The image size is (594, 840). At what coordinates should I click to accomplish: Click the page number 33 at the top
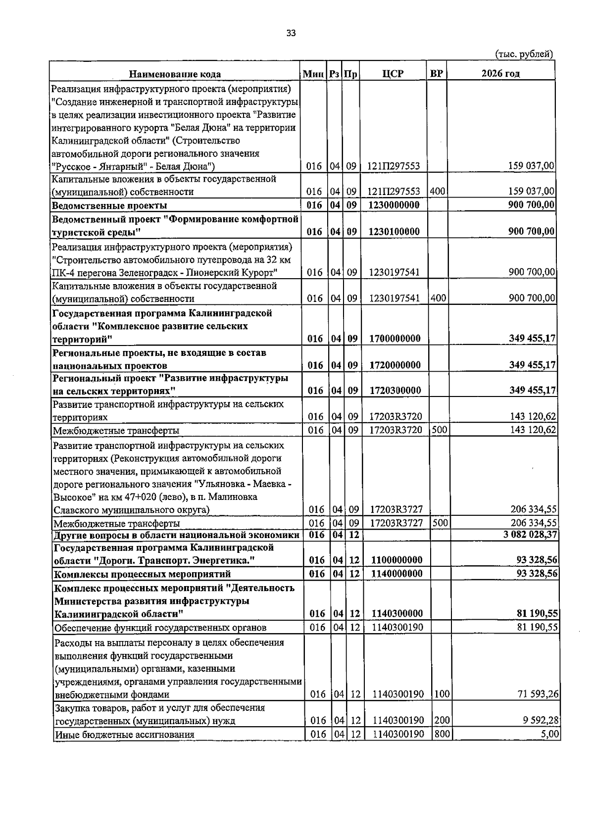(291, 33)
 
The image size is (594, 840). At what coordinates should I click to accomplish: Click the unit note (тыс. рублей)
(523, 54)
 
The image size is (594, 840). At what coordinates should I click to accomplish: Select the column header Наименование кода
(175, 74)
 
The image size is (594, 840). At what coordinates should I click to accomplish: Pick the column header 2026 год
(500, 74)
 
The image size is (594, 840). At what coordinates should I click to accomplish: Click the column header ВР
(436, 74)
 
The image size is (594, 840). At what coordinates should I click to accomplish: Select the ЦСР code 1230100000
(395, 232)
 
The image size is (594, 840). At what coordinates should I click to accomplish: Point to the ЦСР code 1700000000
(395, 339)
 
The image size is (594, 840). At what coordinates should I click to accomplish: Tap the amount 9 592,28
(540, 721)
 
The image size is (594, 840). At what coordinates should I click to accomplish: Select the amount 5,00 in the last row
(550, 734)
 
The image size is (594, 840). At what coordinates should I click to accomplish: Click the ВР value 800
(442, 734)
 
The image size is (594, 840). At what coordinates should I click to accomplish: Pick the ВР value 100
(442, 694)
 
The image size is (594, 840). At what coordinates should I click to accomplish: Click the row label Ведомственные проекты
(109, 205)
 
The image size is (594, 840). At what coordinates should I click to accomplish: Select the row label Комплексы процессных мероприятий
(142, 574)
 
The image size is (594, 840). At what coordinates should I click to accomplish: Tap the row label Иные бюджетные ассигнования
(124, 735)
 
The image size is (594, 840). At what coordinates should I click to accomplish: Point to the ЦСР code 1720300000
(395, 391)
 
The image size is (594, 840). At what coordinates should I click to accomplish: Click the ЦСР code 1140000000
(396, 574)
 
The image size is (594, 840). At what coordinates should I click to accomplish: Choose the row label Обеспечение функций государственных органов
(160, 628)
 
